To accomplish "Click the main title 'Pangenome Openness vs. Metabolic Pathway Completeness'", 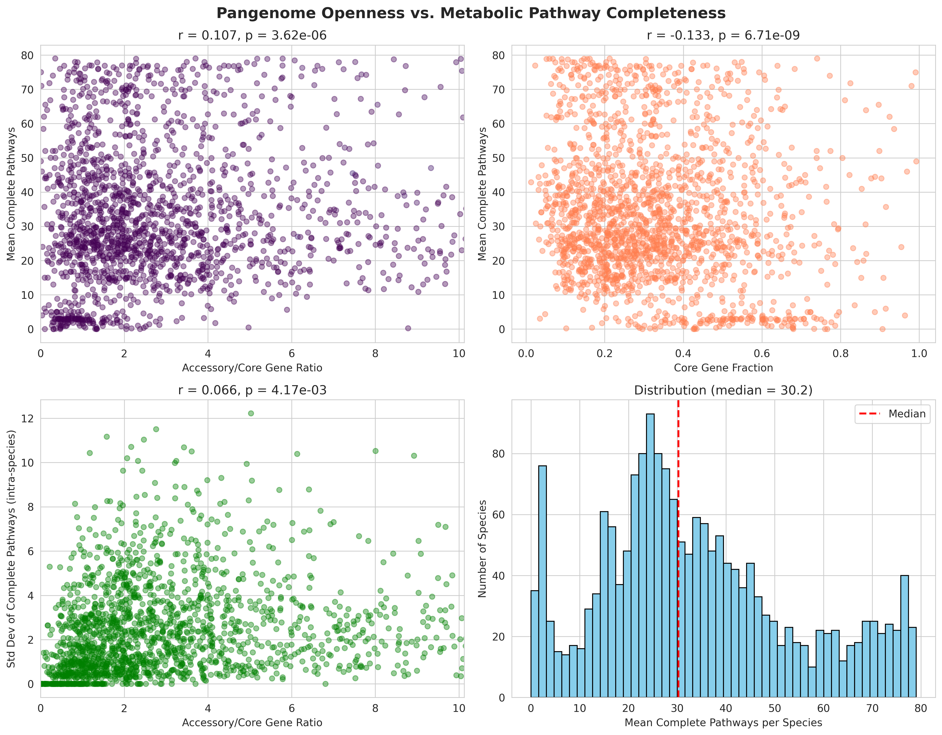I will [x=471, y=13].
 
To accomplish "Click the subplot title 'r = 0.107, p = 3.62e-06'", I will [x=252, y=35].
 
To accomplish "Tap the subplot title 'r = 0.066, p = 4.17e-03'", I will [x=252, y=391].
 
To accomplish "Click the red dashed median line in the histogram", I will [x=678, y=561].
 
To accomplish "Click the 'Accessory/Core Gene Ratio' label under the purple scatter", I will [x=252, y=368].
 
